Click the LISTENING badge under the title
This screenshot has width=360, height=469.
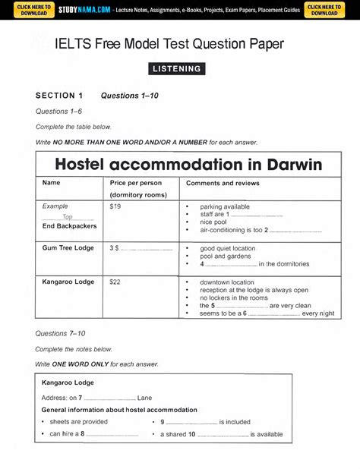177,68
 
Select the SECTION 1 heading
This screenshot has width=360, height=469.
59,96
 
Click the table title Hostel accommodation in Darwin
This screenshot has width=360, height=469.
188,164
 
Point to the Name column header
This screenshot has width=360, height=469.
51,183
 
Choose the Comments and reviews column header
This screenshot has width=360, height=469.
223,183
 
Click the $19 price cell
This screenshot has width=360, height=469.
115,206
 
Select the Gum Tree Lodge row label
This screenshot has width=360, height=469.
67,247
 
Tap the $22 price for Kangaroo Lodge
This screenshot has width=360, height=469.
115,282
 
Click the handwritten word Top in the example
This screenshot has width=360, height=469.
68,216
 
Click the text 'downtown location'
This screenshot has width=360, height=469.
227,282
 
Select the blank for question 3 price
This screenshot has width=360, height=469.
147,248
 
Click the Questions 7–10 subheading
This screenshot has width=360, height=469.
61,333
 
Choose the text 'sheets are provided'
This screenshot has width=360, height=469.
79,421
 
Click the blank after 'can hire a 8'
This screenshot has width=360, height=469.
112,434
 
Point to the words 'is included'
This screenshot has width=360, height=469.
235,421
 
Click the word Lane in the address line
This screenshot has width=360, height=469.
144,397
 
